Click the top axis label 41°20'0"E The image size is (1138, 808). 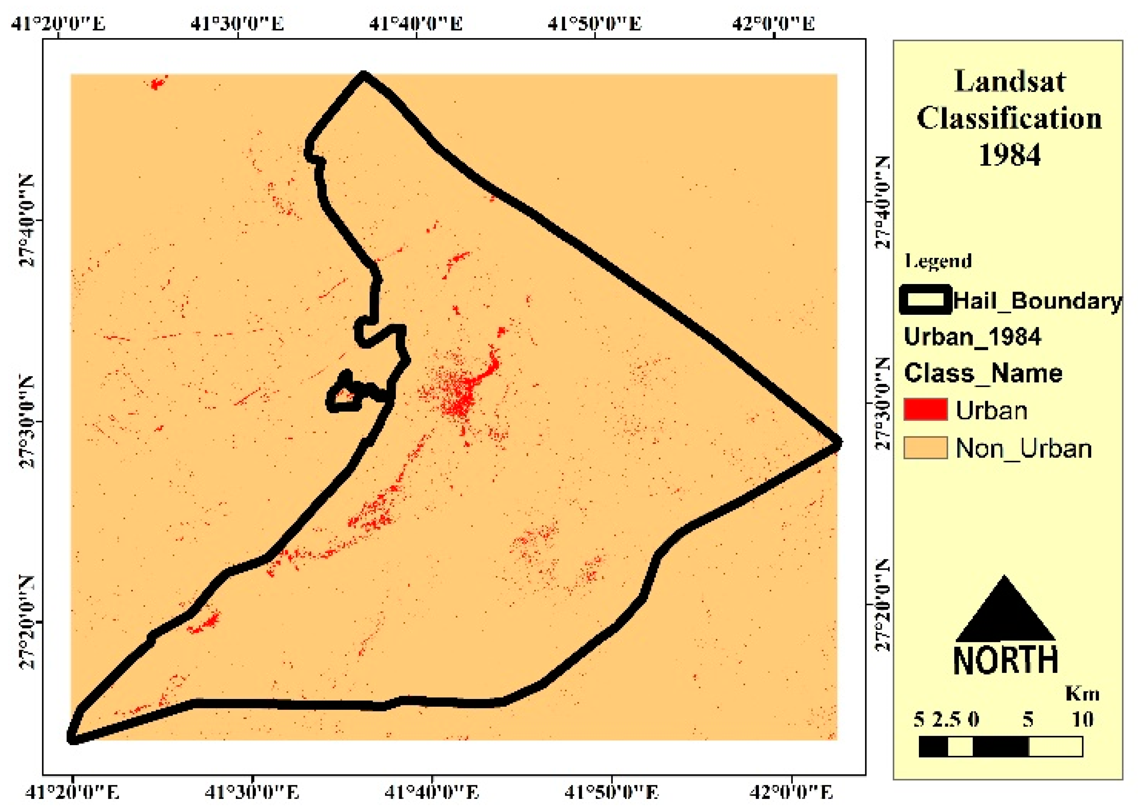(58, 23)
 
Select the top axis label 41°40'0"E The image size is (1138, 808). (416, 23)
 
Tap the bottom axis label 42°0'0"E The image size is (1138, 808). (791, 792)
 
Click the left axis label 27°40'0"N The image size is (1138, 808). (27, 220)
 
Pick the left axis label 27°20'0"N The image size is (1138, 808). (27, 621)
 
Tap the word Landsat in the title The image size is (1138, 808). (1010, 82)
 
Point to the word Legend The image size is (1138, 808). (938, 261)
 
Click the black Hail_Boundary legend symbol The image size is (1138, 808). (926, 299)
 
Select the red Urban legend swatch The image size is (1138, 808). (926, 409)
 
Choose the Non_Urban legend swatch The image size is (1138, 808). (926, 448)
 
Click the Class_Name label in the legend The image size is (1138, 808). (983, 373)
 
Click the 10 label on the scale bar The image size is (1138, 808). (1082, 719)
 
